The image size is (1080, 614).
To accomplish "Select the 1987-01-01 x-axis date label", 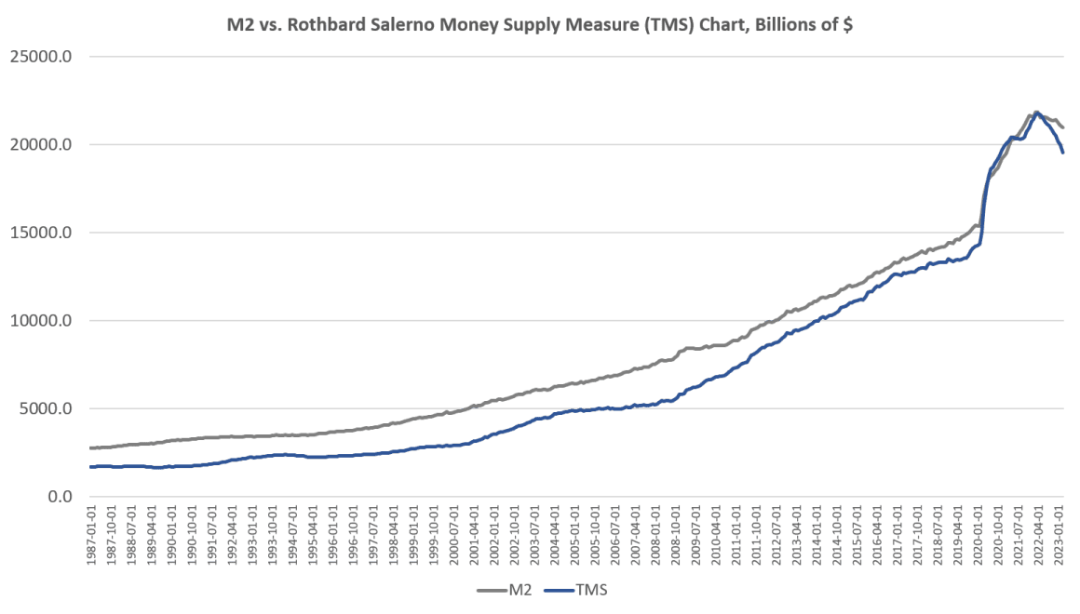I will click(x=91, y=533).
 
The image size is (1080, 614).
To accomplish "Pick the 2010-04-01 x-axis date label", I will click(x=717, y=533).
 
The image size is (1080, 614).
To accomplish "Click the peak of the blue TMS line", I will click(x=1036, y=113).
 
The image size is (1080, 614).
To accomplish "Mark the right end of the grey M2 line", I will click(x=1064, y=127).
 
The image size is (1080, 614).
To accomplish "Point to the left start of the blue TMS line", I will click(x=91, y=466).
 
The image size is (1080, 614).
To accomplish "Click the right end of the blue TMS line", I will click(x=1064, y=153).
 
